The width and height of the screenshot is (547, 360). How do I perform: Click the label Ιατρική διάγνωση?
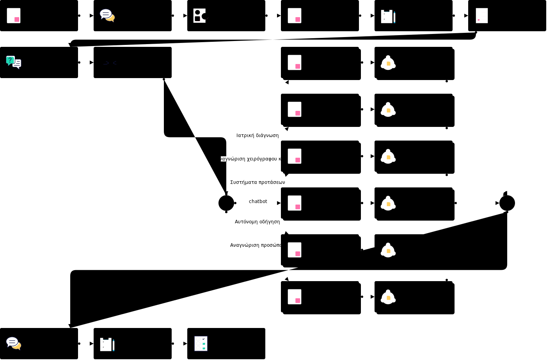tap(258, 135)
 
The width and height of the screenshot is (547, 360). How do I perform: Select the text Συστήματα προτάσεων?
tap(258, 182)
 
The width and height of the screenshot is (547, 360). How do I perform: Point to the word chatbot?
tap(258, 201)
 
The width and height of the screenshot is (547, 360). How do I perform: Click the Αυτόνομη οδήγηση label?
tap(257, 222)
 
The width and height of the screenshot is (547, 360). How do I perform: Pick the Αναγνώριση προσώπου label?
tap(256, 245)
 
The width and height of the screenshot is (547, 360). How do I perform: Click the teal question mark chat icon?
tap(13, 62)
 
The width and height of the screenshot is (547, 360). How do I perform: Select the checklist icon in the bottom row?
tap(201, 344)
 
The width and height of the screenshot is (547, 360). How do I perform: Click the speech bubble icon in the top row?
tap(107, 15)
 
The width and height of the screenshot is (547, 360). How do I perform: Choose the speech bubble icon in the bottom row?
tap(14, 343)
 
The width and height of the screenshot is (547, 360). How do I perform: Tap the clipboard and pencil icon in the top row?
tap(388, 16)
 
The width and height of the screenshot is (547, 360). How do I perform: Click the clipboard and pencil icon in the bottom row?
tap(107, 344)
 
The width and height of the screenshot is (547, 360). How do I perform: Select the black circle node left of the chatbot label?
tap(226, 203)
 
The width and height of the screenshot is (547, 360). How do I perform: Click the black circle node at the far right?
tap(507, 203)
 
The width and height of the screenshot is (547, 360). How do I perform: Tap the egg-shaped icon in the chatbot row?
tap(388, 203)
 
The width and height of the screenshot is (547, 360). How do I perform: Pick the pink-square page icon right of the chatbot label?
tap(295, 203)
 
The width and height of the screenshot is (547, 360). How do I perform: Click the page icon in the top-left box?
tap(14, 16)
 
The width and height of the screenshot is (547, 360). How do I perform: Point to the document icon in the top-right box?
tap(482, 16)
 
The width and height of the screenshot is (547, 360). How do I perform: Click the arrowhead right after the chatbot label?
tap(279, 203)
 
